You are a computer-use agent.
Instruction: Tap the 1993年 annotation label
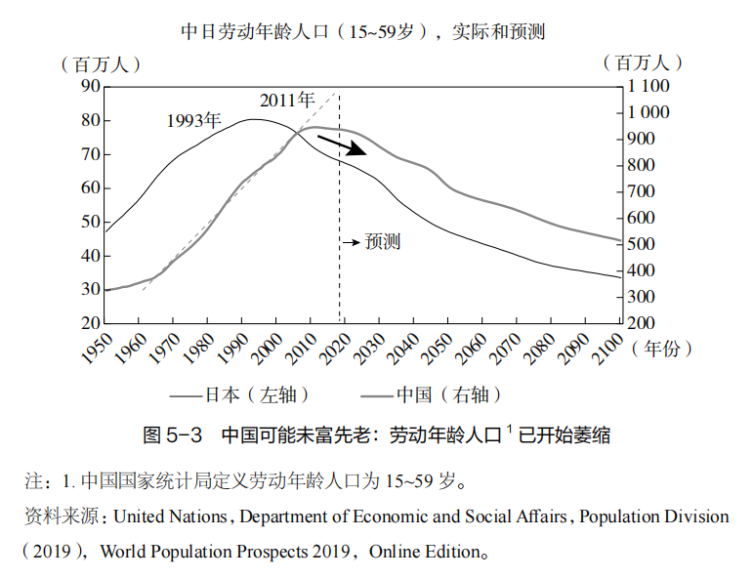coord(193,120)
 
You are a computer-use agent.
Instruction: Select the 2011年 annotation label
coord(287,100)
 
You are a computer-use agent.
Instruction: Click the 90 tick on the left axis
coord(90,86)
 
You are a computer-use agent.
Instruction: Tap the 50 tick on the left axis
coord(90,222)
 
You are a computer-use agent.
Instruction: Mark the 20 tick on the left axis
coord(90,323)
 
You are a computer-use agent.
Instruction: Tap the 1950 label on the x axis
coord(96,348)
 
